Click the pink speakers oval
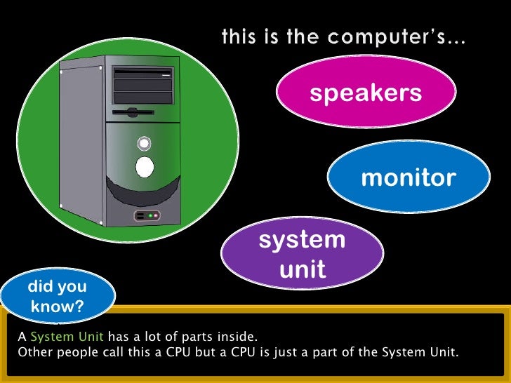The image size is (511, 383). pyautogui.click(x=366, y=93)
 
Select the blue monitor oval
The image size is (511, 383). pyautogui.click(x=408, y=177)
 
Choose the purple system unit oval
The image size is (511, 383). pyautogui.click(x=302, y=254)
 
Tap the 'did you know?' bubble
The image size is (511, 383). pyautogui.click(x=58, y=297)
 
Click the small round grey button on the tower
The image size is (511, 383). pyautogui.click(x=144, y=143)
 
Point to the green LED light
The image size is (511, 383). pyautogui.click(x=149, y=215)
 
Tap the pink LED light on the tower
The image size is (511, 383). pyautogui.click(x=157, y=215)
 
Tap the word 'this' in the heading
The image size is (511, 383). pyautogui.click(x=239, y=36)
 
